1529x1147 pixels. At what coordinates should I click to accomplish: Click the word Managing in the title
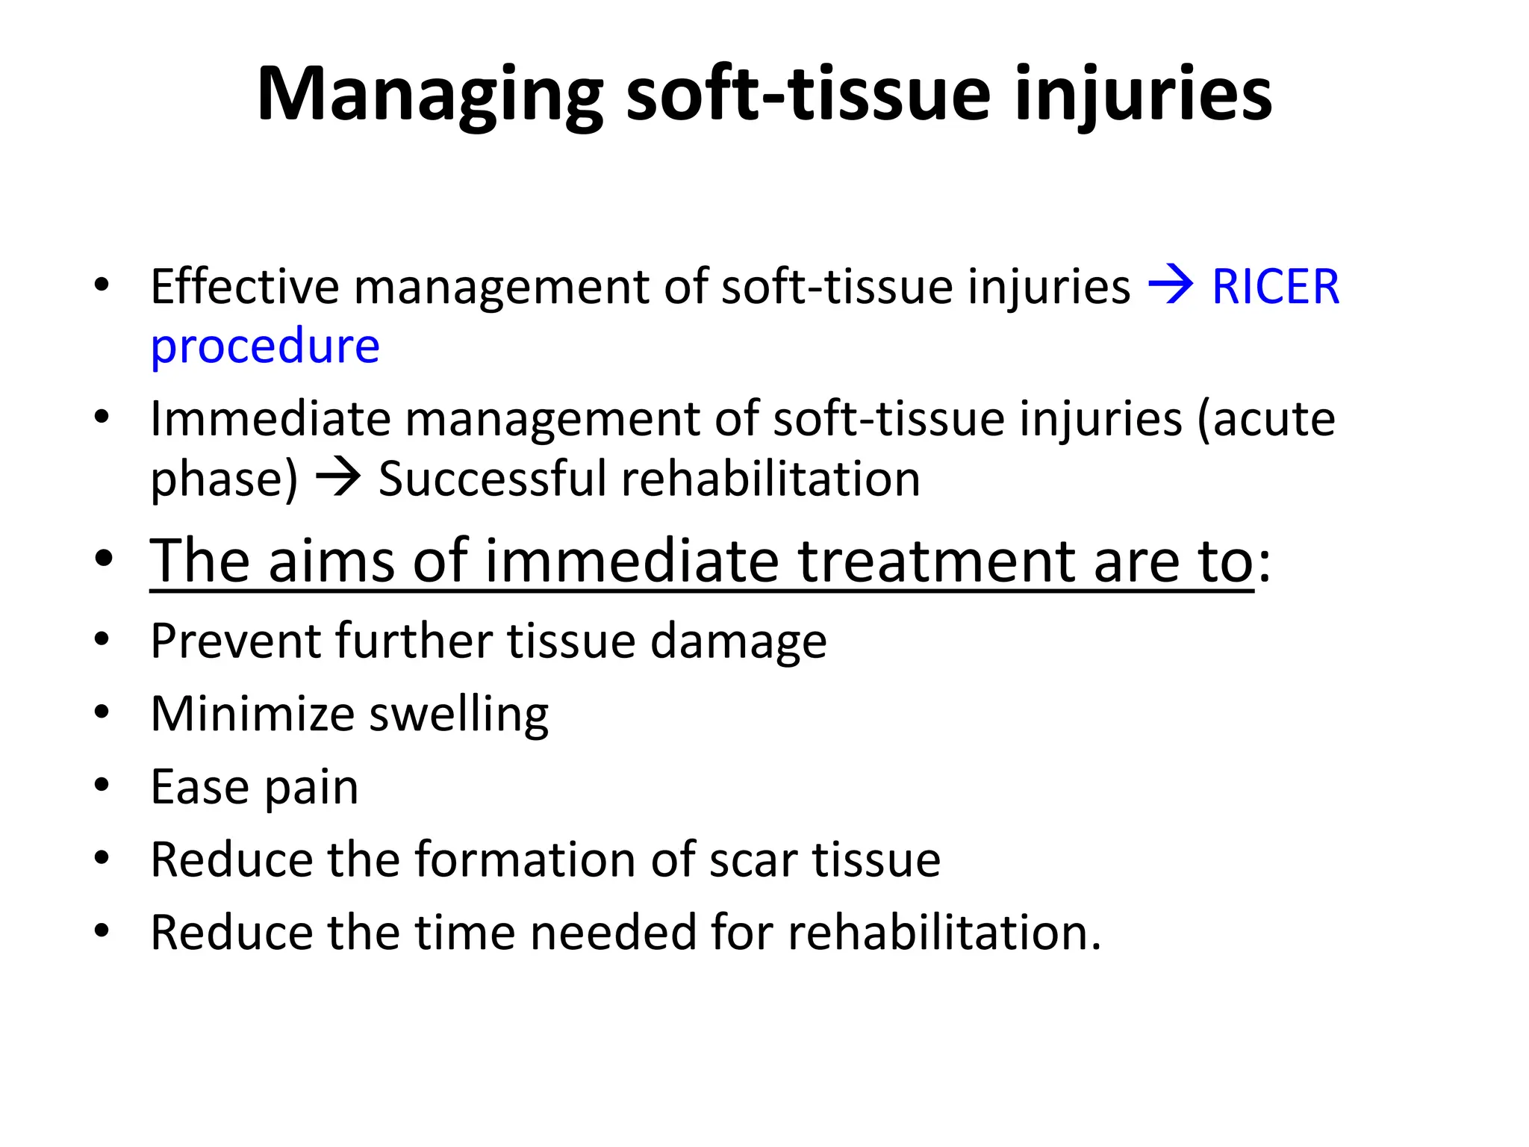point(429,96)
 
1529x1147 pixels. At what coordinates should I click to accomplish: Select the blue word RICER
point(1275,287)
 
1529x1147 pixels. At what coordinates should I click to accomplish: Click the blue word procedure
point(265,346)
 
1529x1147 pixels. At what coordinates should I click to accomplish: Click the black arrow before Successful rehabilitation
point(338,478)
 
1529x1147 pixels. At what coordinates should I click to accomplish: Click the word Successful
point(492,479)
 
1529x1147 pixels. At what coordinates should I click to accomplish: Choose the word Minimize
point(252,714)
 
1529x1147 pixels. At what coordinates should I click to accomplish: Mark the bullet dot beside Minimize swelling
point(102,712)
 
